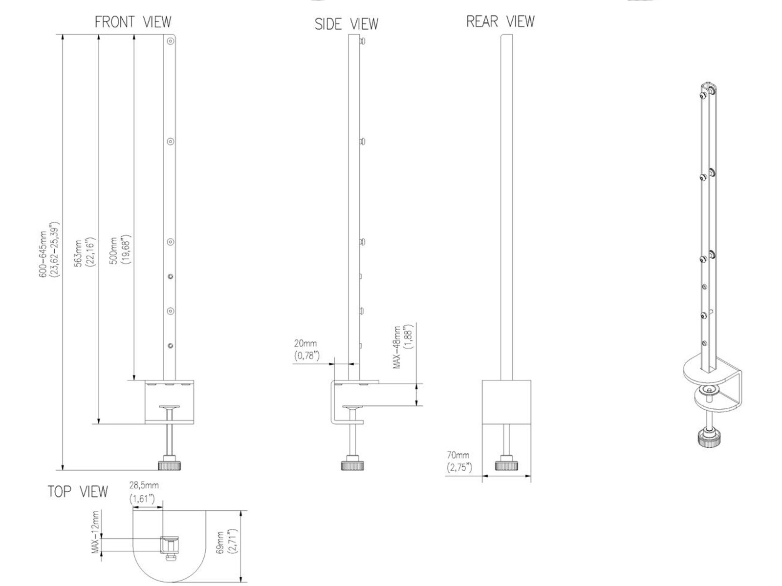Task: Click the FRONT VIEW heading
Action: pos(133,22)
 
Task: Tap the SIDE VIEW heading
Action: pos(347,24)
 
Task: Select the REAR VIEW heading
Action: pos(500,21)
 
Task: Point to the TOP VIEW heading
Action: pos(78,491)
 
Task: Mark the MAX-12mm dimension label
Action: pos(96,533)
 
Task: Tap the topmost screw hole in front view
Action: pos(170,42)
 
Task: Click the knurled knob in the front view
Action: pos(169,464)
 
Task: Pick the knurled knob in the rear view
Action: pos(506,464)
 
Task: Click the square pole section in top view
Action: pos(170,544)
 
